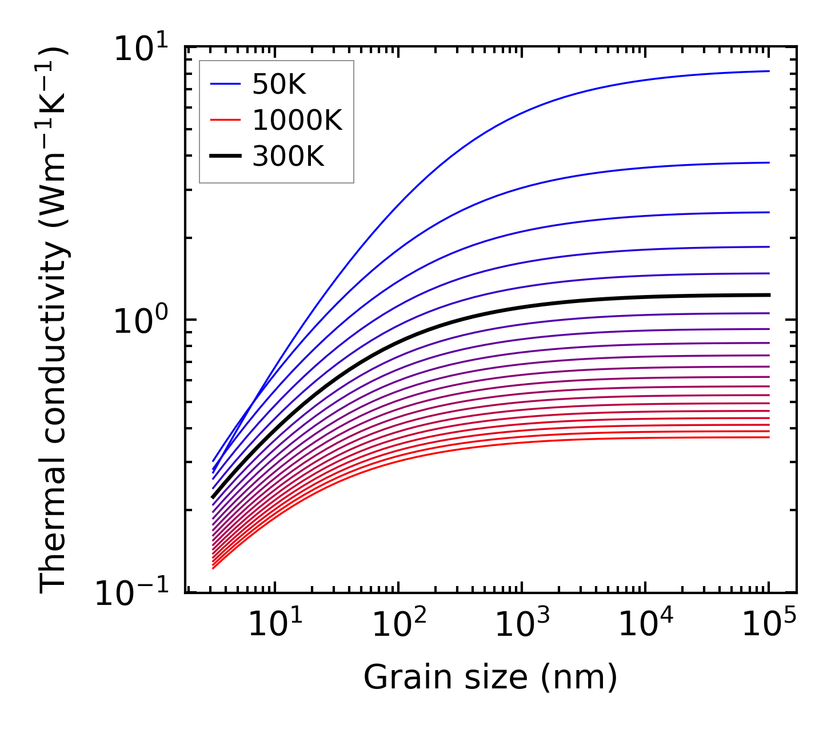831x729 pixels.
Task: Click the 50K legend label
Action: point(279,85)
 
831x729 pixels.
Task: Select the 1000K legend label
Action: point(297,121)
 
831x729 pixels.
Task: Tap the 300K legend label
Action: point(288,156)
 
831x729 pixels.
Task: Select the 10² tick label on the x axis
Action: point(398,624)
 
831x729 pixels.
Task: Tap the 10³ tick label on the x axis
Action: point(522,624)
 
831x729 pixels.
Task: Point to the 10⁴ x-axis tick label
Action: point(646,624)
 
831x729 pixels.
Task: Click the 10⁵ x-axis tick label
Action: point(769,624)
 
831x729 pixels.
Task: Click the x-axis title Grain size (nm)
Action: point(490,678)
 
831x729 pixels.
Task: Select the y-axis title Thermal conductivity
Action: point(54,319)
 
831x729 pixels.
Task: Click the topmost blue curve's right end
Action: point(768,71)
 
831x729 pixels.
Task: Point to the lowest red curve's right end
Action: point(768,437)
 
